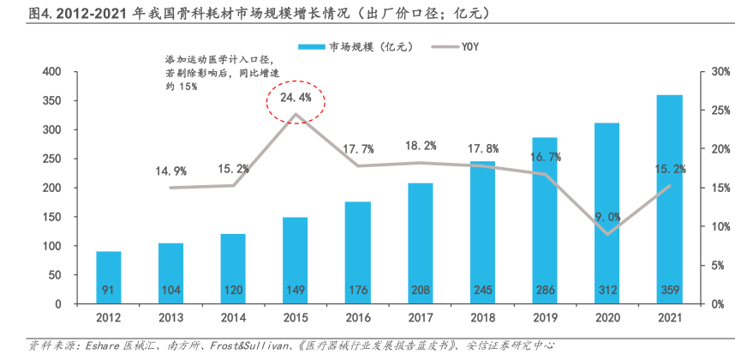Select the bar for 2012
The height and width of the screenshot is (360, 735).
click(108, 277)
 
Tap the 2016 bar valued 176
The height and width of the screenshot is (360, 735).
click(357, 252)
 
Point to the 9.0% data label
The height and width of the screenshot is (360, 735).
click(608, 216)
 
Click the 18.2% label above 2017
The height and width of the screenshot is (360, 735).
click(421, 146)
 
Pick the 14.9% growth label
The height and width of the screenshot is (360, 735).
click(170, 171)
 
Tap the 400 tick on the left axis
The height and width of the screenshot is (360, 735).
click(51, 72)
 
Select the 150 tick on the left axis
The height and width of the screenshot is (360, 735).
click(51, 217)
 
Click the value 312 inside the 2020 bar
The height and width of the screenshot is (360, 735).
click(607, 290)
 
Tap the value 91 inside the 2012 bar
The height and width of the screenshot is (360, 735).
click(108, 290)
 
